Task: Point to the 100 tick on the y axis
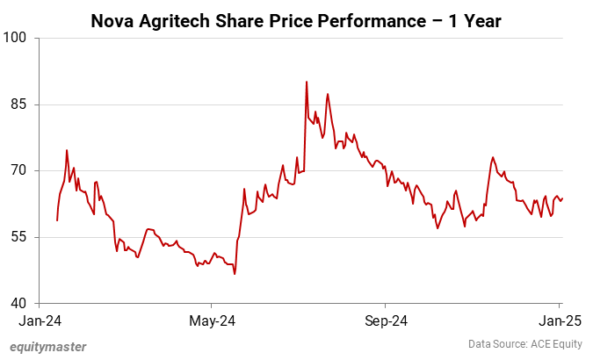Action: click(x=17, y=38)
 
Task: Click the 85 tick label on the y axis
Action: click(x=19, y=104)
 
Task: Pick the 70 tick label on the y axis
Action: click(x=19, y=170)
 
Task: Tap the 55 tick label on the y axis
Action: click(x=19, y=237)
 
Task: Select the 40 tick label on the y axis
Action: click(x=19, y=304)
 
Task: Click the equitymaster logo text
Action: click(x=48, y=346)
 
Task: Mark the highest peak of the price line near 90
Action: click(x=306, y=82)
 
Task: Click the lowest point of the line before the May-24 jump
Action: click(x=235, y=274)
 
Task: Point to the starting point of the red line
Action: click(x=57, y=220)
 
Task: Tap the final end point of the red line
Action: click(x=562, y=198)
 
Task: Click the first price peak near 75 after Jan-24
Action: click(x=67, y=150)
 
